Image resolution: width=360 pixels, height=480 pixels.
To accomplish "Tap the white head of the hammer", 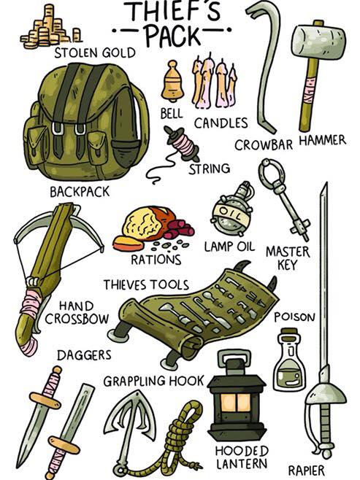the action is (x=319, y=42).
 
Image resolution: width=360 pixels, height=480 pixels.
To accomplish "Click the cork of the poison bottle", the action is (x=289, y=333).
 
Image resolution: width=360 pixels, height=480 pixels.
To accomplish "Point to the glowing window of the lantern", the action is (x=236, y=402).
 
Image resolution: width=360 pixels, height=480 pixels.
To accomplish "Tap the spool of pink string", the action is (x=183, y=144).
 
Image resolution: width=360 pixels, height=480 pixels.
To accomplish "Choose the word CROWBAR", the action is (x=264, y=144).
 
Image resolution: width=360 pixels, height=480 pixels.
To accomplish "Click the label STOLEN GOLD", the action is (x=95, y=53).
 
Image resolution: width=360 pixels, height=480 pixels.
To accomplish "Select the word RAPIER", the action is (x=306, y=470).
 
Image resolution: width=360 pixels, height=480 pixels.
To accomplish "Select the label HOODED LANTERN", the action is (x=242, y=457).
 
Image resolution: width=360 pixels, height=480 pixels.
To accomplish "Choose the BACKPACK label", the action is (x=80, y=192).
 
